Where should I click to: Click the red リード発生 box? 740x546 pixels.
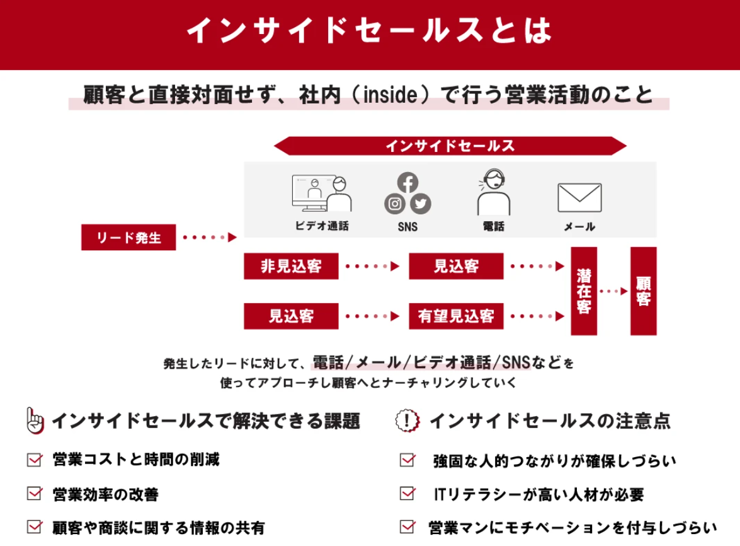128,237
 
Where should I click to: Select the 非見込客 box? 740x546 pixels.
291,267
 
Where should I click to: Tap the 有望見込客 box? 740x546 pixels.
456,316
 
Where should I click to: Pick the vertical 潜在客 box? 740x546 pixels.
584,291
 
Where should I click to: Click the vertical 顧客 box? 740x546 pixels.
643,291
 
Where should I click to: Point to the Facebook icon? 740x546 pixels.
407,182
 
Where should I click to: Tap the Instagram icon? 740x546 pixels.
395,204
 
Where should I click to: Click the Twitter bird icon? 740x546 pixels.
421,204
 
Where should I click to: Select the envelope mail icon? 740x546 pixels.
579,198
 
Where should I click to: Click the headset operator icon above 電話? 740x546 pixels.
493,192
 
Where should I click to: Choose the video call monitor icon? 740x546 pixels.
322,193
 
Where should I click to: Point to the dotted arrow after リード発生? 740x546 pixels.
210,237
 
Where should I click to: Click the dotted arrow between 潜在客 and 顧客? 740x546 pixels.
613,291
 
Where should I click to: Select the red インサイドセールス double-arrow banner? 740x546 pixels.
450,146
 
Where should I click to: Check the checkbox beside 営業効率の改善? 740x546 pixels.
35,494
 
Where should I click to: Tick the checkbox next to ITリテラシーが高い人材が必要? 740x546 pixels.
407,494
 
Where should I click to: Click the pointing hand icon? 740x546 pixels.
35,421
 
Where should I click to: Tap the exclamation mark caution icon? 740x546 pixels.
407,421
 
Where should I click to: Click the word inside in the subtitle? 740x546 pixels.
390,95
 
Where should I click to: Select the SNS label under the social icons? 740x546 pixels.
407,227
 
